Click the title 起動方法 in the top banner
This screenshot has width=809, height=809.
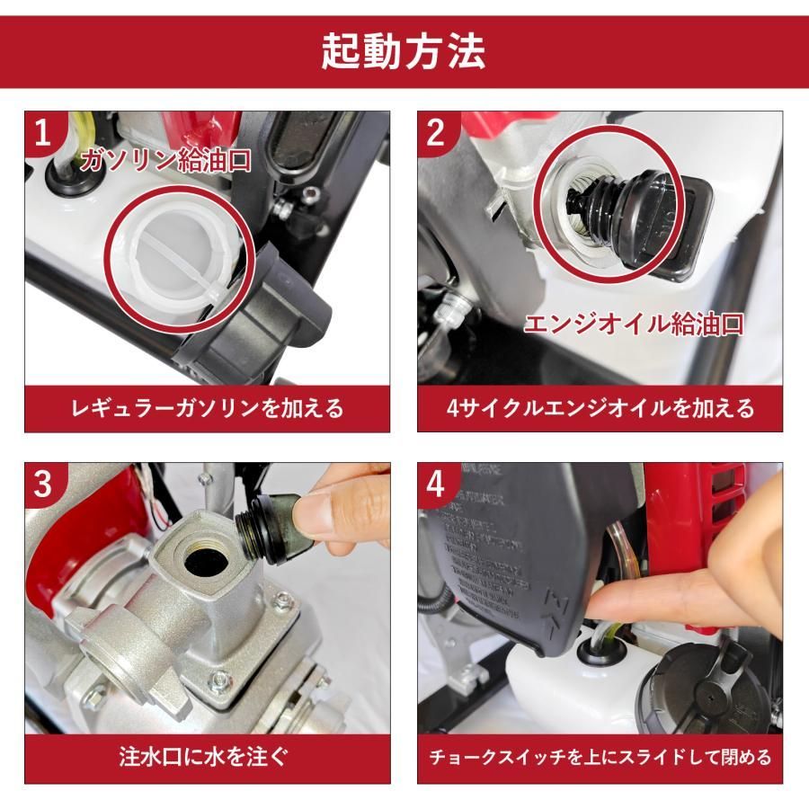coord(404,52)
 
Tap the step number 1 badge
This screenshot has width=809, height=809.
coord(43,135)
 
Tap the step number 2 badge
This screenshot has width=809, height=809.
coord(437,135)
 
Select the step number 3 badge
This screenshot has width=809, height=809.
coord(43,485)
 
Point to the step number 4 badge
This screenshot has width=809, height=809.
coord(437,485)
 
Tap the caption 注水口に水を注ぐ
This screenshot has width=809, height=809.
coord(208,758)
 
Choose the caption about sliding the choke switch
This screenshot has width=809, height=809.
coord(600,758)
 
